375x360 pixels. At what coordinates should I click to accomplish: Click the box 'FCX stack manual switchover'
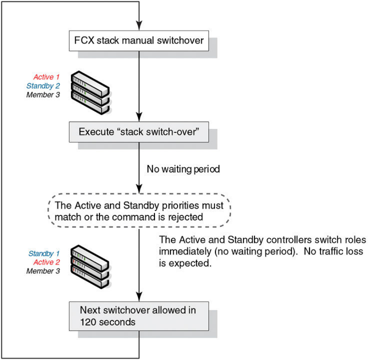[x=138, y=41]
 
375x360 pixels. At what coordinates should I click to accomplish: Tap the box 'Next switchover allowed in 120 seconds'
[x=138, y=316]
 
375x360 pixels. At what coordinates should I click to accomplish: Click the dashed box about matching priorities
[x=138, y=211]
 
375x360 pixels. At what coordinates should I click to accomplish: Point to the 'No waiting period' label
[x=183, y=169]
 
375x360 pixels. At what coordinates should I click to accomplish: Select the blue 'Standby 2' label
[x=43, y=86]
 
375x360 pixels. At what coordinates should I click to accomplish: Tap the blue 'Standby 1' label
[x=44, y=253]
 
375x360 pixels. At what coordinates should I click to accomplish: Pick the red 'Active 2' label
[x=46, y=262]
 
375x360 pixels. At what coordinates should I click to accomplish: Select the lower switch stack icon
[x=90, y=268]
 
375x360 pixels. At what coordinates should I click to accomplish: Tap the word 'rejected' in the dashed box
[x=186, y=216]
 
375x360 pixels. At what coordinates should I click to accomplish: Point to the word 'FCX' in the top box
[x=84, y=41]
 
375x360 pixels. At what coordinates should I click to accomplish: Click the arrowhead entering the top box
[x=138, y=26]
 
